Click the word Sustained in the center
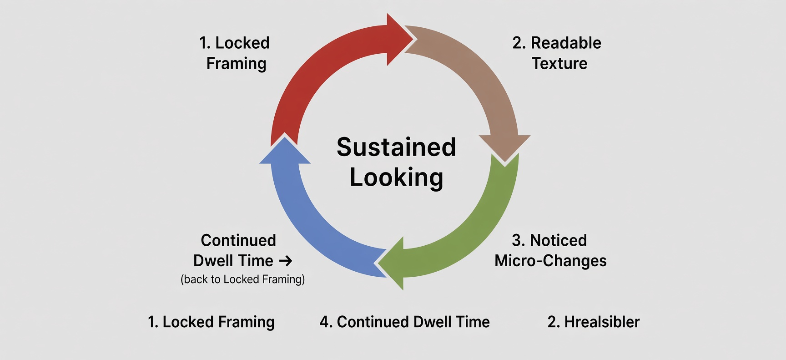396,147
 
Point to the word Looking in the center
396,177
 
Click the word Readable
566,43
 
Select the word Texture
559,63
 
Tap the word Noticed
559,240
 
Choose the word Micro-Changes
550,261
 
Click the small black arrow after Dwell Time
286,261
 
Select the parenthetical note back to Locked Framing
242,279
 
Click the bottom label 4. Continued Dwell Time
404,322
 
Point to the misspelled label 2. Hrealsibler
594,322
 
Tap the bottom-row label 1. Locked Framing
211,322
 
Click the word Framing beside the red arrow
236,64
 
